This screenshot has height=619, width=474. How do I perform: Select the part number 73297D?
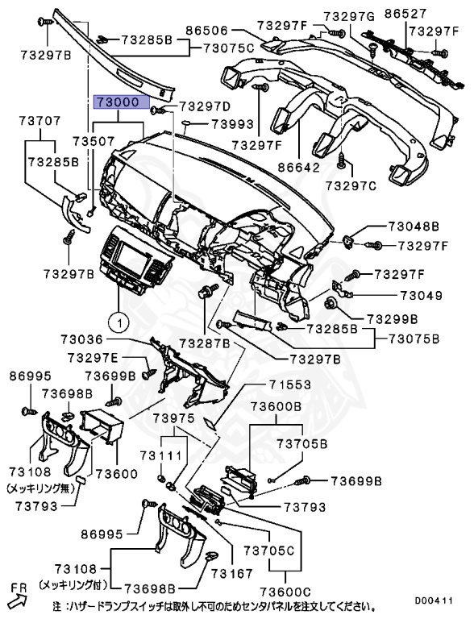pyautogui.click(x=204, y=106)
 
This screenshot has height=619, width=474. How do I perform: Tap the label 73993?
pyautogui.click(x=232, y=125)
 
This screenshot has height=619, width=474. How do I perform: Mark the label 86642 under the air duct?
pyautogui.click(x=298, y=168)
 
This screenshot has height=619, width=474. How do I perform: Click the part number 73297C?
pyautogui.click(x=351, y=186)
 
